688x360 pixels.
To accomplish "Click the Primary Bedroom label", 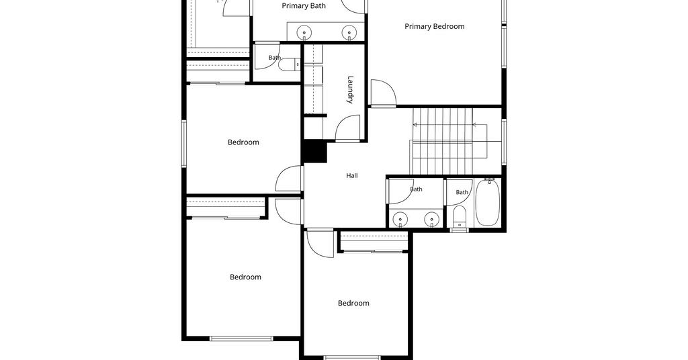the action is pos(435,26).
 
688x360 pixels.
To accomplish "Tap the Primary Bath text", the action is pos(304,5).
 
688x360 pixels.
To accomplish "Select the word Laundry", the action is pos(350,89).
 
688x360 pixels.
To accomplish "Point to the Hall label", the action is pos(352,176).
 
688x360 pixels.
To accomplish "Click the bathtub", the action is pos(487,203).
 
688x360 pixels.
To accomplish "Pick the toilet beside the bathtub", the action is pos(460,217).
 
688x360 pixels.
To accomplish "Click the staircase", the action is pos(443,141).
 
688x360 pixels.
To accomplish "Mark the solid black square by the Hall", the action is pos(314,152).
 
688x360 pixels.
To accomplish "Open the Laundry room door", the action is pos(348,128).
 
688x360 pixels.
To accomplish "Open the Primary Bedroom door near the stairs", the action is pos(384,93).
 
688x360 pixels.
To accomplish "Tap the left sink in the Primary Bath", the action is pos(304,32).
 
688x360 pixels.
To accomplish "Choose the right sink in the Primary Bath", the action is pos(349,32).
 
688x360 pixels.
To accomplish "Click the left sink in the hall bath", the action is pos(400,219).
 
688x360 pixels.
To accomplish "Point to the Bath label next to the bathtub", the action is pos(462,192).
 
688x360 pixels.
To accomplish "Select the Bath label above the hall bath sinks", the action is pos(416,189).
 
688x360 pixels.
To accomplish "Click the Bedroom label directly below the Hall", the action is pos(353,303).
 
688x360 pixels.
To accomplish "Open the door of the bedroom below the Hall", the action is pos(320,243).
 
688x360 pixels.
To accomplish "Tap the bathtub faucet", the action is pos(490,180).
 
